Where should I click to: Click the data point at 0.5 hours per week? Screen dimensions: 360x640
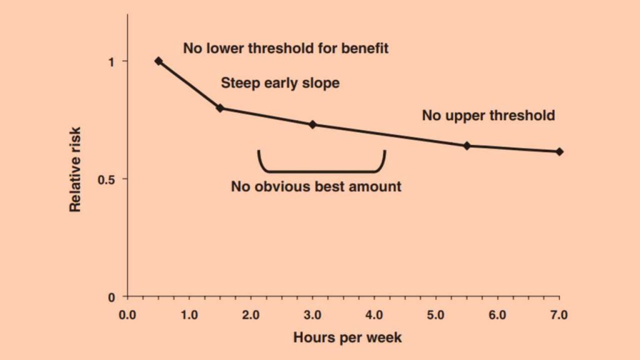tap(159, 61)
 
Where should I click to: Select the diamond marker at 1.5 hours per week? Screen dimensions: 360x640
tap(220, 108)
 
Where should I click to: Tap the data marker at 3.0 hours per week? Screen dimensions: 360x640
tap(312, 124)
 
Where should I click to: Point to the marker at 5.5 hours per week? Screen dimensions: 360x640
tap(467, 146)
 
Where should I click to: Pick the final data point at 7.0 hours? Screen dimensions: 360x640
tap(559, 151)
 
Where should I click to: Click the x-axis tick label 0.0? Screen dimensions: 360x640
tap(127, 314)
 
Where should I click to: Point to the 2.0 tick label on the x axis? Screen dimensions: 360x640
tap(251, 314)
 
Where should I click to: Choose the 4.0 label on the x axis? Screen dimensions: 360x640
tap(374, 314)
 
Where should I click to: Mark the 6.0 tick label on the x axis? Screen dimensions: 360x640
tap(497, 314)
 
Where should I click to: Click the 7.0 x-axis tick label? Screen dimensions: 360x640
tap(559, 314)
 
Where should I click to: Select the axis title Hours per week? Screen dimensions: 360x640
tap(347, 338)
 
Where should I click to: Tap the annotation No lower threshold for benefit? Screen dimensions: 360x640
tap(286, 48)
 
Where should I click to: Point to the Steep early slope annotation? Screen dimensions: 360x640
tap(280, 82)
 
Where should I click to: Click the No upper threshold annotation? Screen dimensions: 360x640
tap(488, 116)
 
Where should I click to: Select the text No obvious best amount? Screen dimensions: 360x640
tap(316, 186)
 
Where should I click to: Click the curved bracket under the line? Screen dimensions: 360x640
tap(321, 169)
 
